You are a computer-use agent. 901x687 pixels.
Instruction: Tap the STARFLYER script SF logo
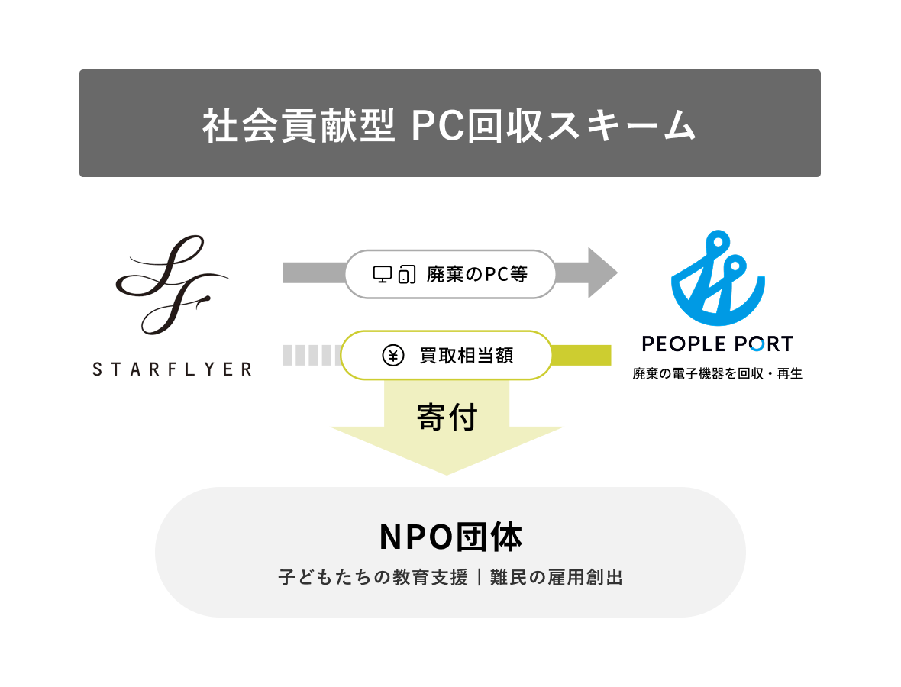[173, 285]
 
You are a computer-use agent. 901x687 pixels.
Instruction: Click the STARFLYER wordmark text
[172, 369]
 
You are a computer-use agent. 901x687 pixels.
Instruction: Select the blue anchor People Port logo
[717, 280]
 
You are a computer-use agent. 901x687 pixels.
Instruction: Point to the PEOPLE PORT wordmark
[717, 344]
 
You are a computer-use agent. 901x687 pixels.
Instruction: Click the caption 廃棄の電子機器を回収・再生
[717, 375]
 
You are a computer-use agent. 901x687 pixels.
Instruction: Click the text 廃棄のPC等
[476, 274]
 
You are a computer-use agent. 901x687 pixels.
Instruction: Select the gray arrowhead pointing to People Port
[602, 273]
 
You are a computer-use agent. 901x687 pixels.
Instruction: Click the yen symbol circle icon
[392, 355]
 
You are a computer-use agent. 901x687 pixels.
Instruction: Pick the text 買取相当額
[466, 355]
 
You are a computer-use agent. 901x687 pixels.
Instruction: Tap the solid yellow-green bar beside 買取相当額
[581, 355]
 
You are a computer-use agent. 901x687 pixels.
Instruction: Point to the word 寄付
[447, 418]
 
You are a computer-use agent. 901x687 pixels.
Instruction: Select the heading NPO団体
[450, 538]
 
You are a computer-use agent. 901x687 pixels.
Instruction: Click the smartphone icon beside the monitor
[407, 274]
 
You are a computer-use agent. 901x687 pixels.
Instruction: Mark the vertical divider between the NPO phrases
[479, 578]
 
